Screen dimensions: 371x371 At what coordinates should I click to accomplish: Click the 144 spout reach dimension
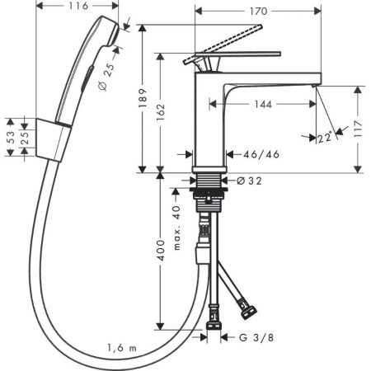point(263,105)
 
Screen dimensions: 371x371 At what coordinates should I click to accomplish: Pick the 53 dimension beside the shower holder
point(9,142)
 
